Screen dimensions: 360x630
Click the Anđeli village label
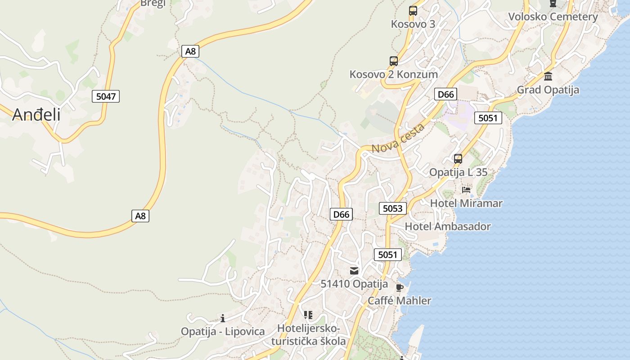36,115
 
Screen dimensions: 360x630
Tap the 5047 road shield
106,96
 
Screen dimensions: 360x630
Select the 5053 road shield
393,208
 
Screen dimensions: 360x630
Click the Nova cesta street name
398,138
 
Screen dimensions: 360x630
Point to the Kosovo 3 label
413,24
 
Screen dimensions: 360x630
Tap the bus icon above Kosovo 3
413,11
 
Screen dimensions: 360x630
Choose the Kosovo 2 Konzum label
394,74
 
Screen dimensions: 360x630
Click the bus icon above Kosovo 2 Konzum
394,61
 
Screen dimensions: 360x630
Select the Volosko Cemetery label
553,17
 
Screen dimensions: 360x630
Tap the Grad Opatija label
548,90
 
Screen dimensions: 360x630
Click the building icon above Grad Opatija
548,76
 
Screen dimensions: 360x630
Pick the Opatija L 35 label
458,172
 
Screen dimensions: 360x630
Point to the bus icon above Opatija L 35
458,159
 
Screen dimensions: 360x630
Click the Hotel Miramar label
466,203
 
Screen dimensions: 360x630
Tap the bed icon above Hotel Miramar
466,190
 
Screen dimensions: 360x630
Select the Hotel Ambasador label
448,226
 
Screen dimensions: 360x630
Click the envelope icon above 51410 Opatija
354,271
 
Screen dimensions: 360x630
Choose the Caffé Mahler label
400,301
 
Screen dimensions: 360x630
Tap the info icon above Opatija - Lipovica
223,319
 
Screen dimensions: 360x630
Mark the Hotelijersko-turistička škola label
309,335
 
